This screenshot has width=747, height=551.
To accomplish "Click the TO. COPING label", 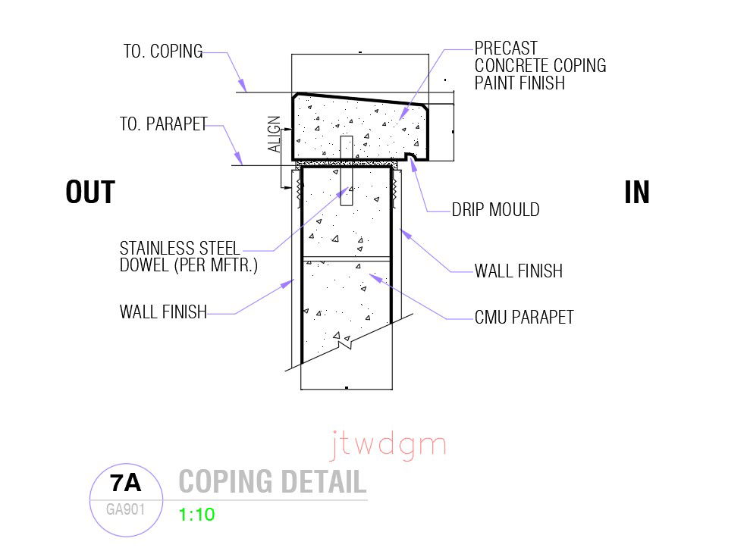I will click(x=163, y=52).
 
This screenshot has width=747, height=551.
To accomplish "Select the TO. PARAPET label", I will click(x=163, y=124).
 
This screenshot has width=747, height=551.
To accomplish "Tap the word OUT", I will click(x=90, y=193).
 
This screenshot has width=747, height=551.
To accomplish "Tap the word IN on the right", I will click(x=637, y=193).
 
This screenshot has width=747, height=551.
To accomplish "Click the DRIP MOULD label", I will click(x=495, y=210).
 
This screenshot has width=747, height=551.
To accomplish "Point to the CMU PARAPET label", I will click(x=524, y=317).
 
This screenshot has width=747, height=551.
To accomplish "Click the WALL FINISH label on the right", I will click(x=519, y=271).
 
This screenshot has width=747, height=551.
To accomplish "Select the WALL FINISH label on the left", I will click(x=163, y=312).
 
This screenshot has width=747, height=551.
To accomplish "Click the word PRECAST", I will click(x=506, y=49).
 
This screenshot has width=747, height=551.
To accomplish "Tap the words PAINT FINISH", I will click(x=519, y=83).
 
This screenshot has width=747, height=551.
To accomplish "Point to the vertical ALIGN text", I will click(x=275, y=135).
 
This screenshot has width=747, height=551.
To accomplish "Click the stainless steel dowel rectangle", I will click(x=347, y=171).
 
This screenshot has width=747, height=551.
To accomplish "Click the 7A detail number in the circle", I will click(x=126, y=482).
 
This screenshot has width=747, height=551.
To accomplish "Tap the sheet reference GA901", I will click(x=126, y=509).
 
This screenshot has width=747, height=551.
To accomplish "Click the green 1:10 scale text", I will click(x=197, y=515).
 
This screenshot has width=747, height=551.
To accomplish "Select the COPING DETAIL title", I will click(x=272, y=482).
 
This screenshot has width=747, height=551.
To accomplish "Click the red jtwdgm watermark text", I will click(x=388, y=446).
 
